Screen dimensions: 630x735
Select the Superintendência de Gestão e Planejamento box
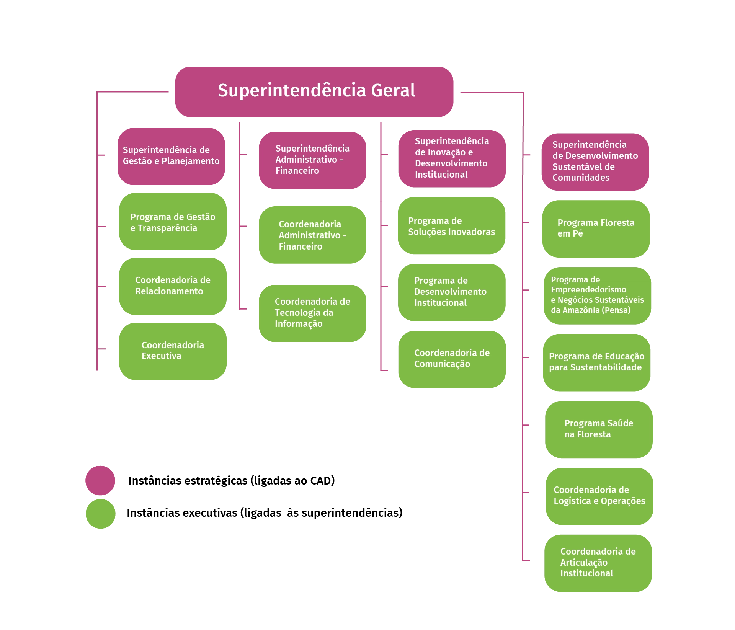[171, 156]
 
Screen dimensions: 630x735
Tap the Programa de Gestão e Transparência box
[173, 222]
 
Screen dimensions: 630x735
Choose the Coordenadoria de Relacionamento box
[173, 286]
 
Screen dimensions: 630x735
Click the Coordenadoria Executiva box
[173, 351]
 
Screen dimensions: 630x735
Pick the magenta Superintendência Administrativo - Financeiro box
[312, 160]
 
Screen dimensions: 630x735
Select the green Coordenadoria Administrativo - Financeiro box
[312, 235]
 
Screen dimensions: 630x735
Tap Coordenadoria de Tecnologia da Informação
[312, 313]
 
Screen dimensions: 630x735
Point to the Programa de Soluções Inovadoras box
[451, 226]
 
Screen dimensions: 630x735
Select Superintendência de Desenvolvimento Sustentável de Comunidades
[595, 162]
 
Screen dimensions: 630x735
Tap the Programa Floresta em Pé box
[596, 228]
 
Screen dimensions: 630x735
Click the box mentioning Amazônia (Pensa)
[597, 295]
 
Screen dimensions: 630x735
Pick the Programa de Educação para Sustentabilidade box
[597, 362]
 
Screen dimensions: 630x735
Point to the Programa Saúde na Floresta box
[599, 429]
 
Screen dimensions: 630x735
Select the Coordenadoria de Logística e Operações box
[599, 496]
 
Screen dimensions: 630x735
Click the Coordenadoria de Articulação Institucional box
[598, 563]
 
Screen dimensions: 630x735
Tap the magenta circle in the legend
[101, 480]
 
